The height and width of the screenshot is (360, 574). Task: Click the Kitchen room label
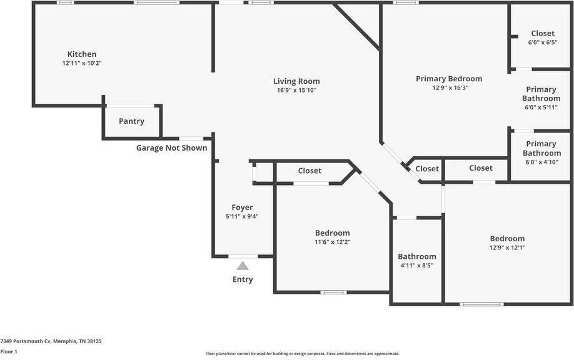[x=82, y=54]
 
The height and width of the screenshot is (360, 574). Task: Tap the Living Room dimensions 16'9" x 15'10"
[x=296, y=91]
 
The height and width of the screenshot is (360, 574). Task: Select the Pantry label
[x=131, y=121]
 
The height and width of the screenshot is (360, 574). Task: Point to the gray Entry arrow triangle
[x=243, y=266]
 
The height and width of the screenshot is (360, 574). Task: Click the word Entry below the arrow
[x=243, y=279]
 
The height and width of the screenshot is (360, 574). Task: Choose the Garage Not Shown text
[x=172, y=147]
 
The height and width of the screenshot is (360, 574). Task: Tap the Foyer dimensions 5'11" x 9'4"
[x=243, y=216]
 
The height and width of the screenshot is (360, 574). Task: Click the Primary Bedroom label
[x=449, y=79]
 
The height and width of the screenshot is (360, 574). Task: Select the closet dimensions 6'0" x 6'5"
[x=543, y=42]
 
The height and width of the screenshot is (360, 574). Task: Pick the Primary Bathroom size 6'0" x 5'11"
[x=541, y=107]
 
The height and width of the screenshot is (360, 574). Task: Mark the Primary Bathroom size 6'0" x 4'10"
[x=541, y=162]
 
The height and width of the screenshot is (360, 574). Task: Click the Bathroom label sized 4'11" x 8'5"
[x=417, y=256]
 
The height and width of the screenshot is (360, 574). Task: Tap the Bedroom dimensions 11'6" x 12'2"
[x=333, y=242]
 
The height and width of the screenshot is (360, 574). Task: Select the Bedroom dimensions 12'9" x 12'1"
[x=507, y=247]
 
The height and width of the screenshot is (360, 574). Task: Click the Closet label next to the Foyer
[x=310, y=171]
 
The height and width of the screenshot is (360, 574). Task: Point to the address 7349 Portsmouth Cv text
[x=26, y=341]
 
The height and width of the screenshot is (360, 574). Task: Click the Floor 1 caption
[x=9, y=352]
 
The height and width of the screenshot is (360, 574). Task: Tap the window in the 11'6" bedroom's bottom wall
[x=333, y=292]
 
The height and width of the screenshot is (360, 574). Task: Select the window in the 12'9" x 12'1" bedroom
[x=481, y=304]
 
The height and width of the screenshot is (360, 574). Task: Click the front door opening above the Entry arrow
[x=243, y=256]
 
